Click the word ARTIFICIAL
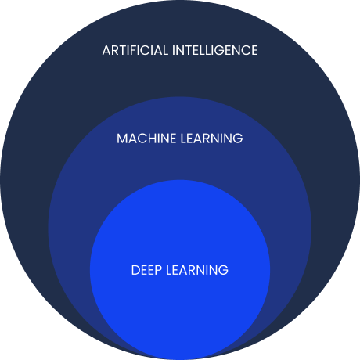135,50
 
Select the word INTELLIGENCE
215,50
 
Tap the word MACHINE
146,139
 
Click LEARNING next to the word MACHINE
211,139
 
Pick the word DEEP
146,270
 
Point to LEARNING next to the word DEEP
197,270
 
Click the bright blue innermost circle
180,300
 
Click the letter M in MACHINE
121,139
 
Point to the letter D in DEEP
135,270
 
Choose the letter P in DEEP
158,270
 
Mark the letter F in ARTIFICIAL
135,50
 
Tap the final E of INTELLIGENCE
254,50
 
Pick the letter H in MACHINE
153,139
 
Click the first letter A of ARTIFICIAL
106,50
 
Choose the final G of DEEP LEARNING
224,270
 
